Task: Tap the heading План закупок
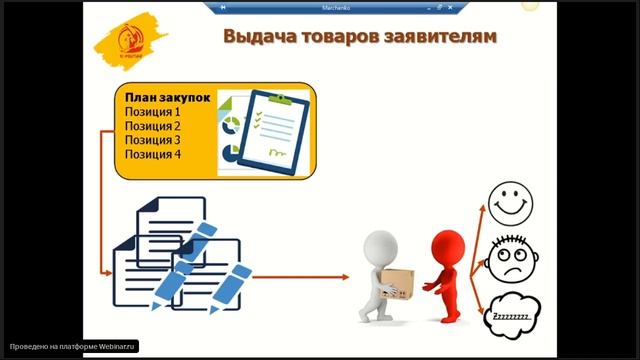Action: pos(167,99)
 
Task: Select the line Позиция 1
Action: pos(153,113)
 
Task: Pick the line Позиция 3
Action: pos(153,141)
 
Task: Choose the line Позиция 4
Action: pos(153,155)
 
